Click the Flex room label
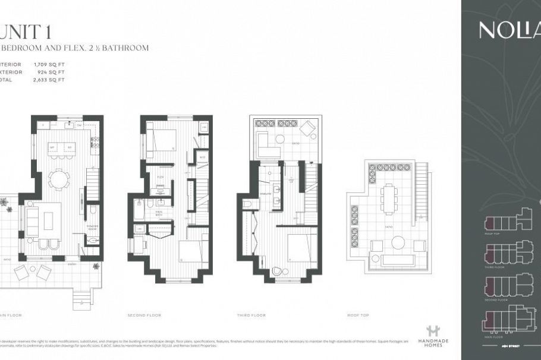click(x=160, y=176)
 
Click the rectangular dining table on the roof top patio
click(x=390, y=198)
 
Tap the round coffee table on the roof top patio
click(x=398, y=242)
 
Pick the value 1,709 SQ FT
click(x=53, y=62)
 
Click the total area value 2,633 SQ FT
click(x=53, y=79)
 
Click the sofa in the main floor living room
click(x=32, y=221)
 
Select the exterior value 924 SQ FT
click(x=54, y=71)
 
